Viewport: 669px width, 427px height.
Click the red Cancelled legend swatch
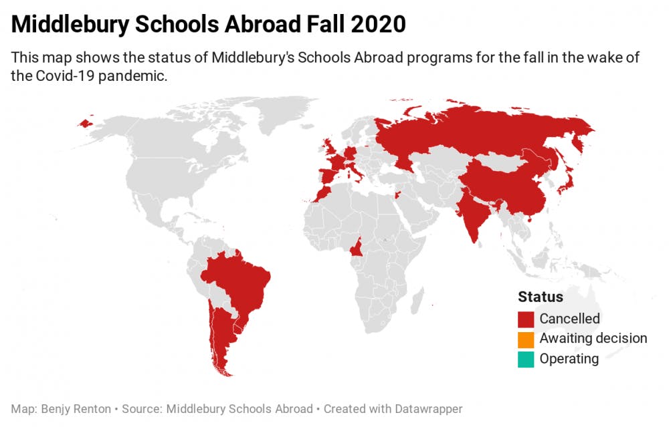click(526, 319)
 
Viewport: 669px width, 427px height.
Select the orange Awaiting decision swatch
click(526, 339)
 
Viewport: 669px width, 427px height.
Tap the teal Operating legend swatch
click(526, 359)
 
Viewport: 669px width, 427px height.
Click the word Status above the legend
click(541, 297)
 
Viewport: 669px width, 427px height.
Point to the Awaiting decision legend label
click(593, 339)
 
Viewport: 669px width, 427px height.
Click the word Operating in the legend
click(569, 359)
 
